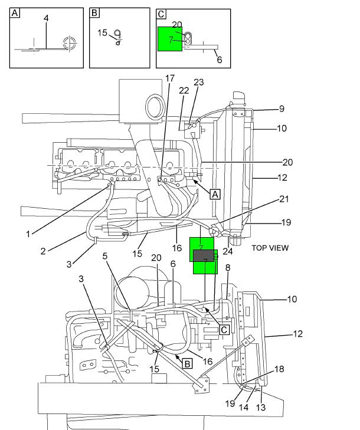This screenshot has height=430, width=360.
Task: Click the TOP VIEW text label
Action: [x=270, y=248]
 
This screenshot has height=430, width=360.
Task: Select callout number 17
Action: [x=170, y=78]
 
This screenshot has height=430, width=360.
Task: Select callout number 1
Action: [x=28, y=234]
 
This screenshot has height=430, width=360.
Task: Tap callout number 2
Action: [x=44, y=251]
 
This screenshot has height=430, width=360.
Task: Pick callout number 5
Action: [x=105, y=256]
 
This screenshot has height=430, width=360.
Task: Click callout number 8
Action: [x=228, y=268]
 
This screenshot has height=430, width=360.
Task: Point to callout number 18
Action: [x=279, y=369]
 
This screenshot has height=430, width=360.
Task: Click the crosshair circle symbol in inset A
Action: [x=70, y=42]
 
